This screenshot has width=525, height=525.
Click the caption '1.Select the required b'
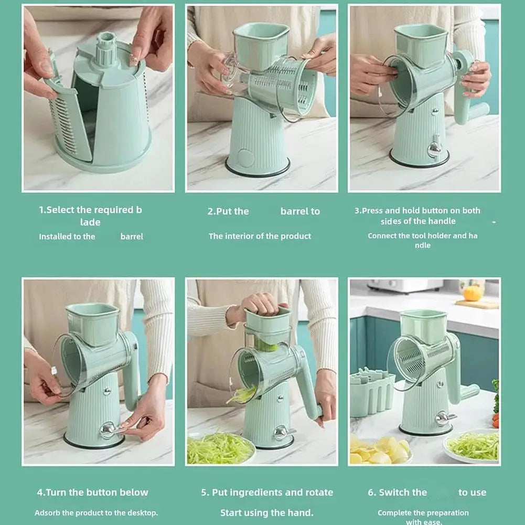90,210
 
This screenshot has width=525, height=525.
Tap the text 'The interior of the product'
260,236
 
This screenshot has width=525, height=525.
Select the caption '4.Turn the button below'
92,492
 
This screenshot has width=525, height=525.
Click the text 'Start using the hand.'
266,512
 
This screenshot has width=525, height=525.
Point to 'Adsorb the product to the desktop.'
96,512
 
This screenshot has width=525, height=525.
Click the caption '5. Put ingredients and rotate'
267,492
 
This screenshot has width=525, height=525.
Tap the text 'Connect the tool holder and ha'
422,235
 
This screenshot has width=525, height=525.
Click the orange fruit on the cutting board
473,293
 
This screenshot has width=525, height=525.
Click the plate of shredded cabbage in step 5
220,448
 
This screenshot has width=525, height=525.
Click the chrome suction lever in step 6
444,417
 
